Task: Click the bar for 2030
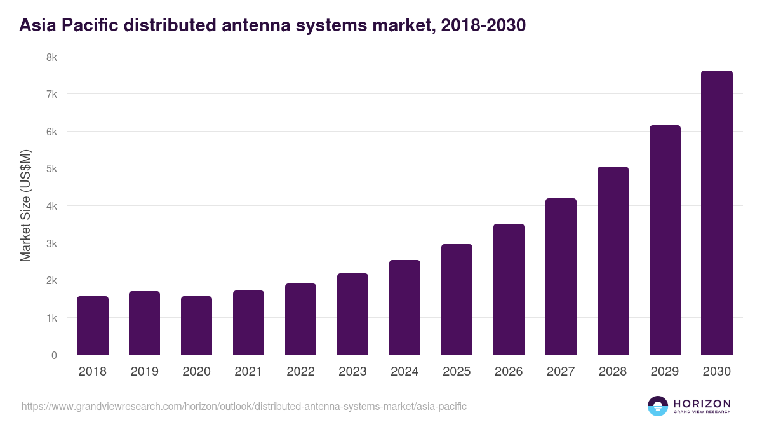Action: point(717,213)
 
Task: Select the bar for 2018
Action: point(93,325)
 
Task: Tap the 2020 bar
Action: point(197,325)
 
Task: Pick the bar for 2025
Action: point(457,299)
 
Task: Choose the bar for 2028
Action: point(613,261)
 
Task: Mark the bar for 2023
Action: point(353,314)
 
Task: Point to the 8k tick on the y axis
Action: point(51,57)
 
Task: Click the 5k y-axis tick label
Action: point(51,169)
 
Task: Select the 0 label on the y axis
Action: point(54,355)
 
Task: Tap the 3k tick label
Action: point(51,243)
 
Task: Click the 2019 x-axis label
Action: point(145,372)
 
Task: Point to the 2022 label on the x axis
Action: point(301,372)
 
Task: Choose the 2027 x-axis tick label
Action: point(561,372)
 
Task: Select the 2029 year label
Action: point(665,372)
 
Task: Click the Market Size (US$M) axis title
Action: point(25,206)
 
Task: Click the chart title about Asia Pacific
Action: point(272,25)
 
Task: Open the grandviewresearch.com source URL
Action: point(244,406)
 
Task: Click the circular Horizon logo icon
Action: point(658,406)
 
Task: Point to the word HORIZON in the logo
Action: point(702,403)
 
